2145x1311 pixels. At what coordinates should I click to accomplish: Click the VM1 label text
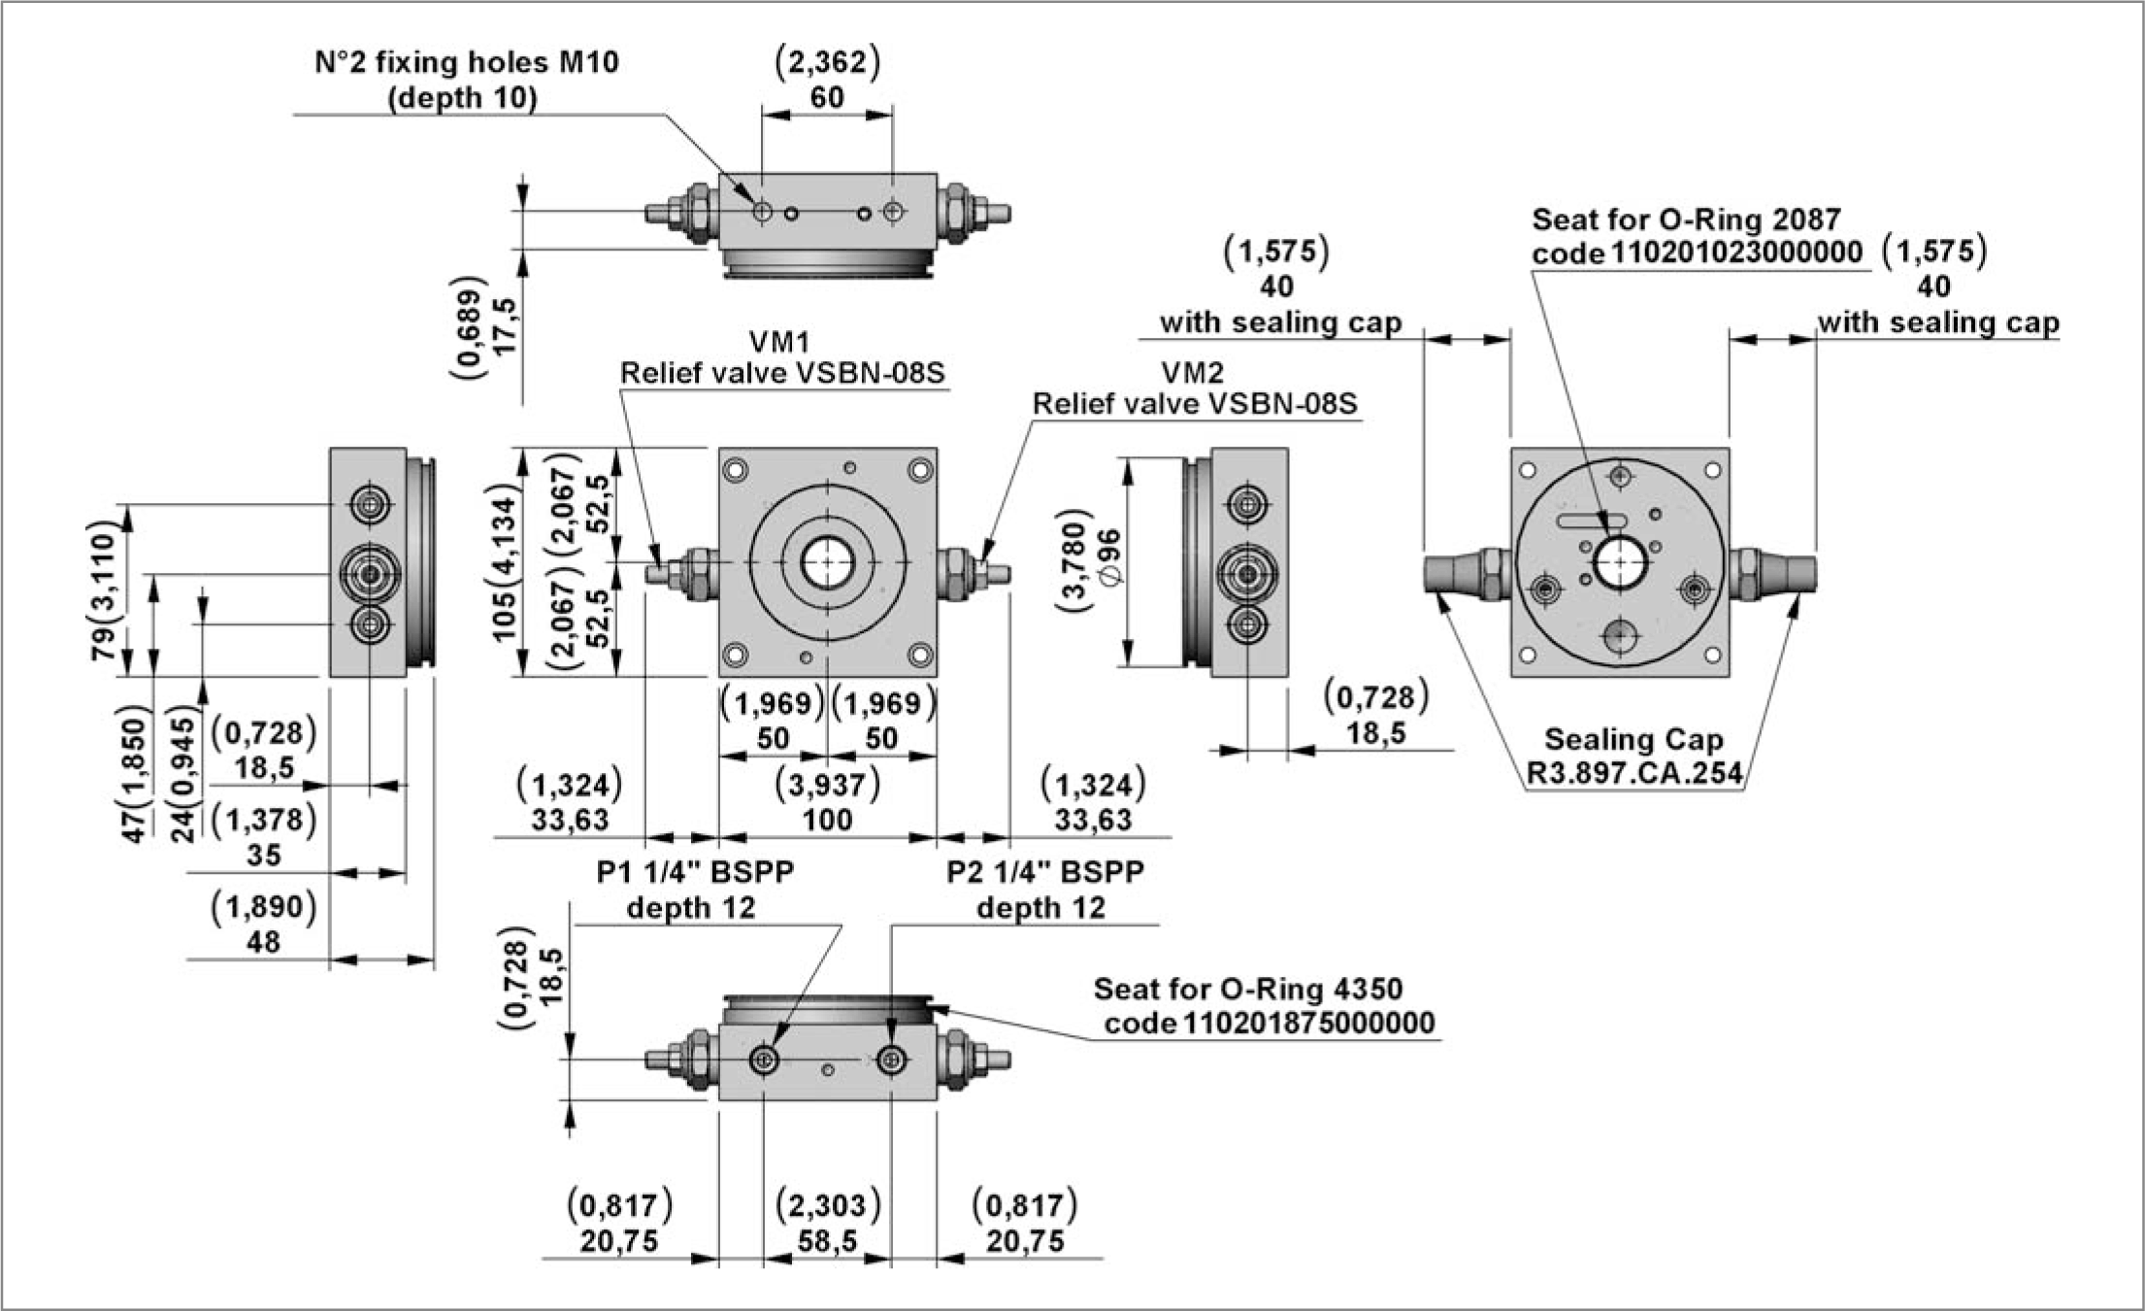(x=778, y=342)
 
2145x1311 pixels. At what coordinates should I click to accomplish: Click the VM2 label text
(x=1192, y=373)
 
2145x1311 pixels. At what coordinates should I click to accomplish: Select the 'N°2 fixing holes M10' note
(x=467, y=62)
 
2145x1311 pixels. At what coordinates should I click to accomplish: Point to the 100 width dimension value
(x=827, y=820)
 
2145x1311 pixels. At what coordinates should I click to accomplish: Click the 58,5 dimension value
(x=827, y=1241)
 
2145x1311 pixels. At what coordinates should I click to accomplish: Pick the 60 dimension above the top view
(x=827, y=98)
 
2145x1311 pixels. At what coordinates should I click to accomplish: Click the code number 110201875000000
(x=1306, y=1024)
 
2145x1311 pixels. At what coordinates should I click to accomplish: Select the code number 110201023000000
(x=1735, y=252)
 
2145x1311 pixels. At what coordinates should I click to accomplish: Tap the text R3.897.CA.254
(x=1634, y=774)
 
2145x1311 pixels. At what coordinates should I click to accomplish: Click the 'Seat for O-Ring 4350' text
(x=1248, y=989)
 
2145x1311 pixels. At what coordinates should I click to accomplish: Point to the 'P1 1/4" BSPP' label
(x=695, y=872)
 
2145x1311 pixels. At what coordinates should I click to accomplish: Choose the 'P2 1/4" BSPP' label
(x=1045, y=872)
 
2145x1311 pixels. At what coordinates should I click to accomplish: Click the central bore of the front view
(x=827, y=562)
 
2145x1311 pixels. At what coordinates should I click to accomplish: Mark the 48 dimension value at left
(x=263, y=941)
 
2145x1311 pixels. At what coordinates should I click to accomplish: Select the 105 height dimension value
(x=505, y=613)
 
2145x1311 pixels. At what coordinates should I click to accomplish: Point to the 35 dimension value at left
(x=263, y=856)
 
